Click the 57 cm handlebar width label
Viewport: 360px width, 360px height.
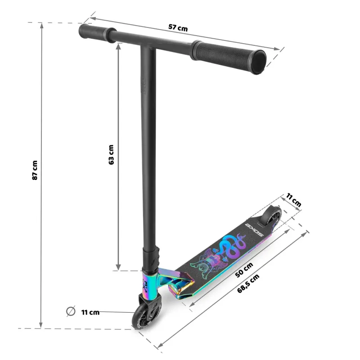click(178, 27)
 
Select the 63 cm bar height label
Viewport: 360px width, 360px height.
click(111, 154)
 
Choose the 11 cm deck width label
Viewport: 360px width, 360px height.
click(293, 200)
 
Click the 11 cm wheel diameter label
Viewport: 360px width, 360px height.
click(90, 312)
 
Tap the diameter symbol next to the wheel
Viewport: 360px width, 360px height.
click(71, 311)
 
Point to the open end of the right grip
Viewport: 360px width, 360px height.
click(258, 62)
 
